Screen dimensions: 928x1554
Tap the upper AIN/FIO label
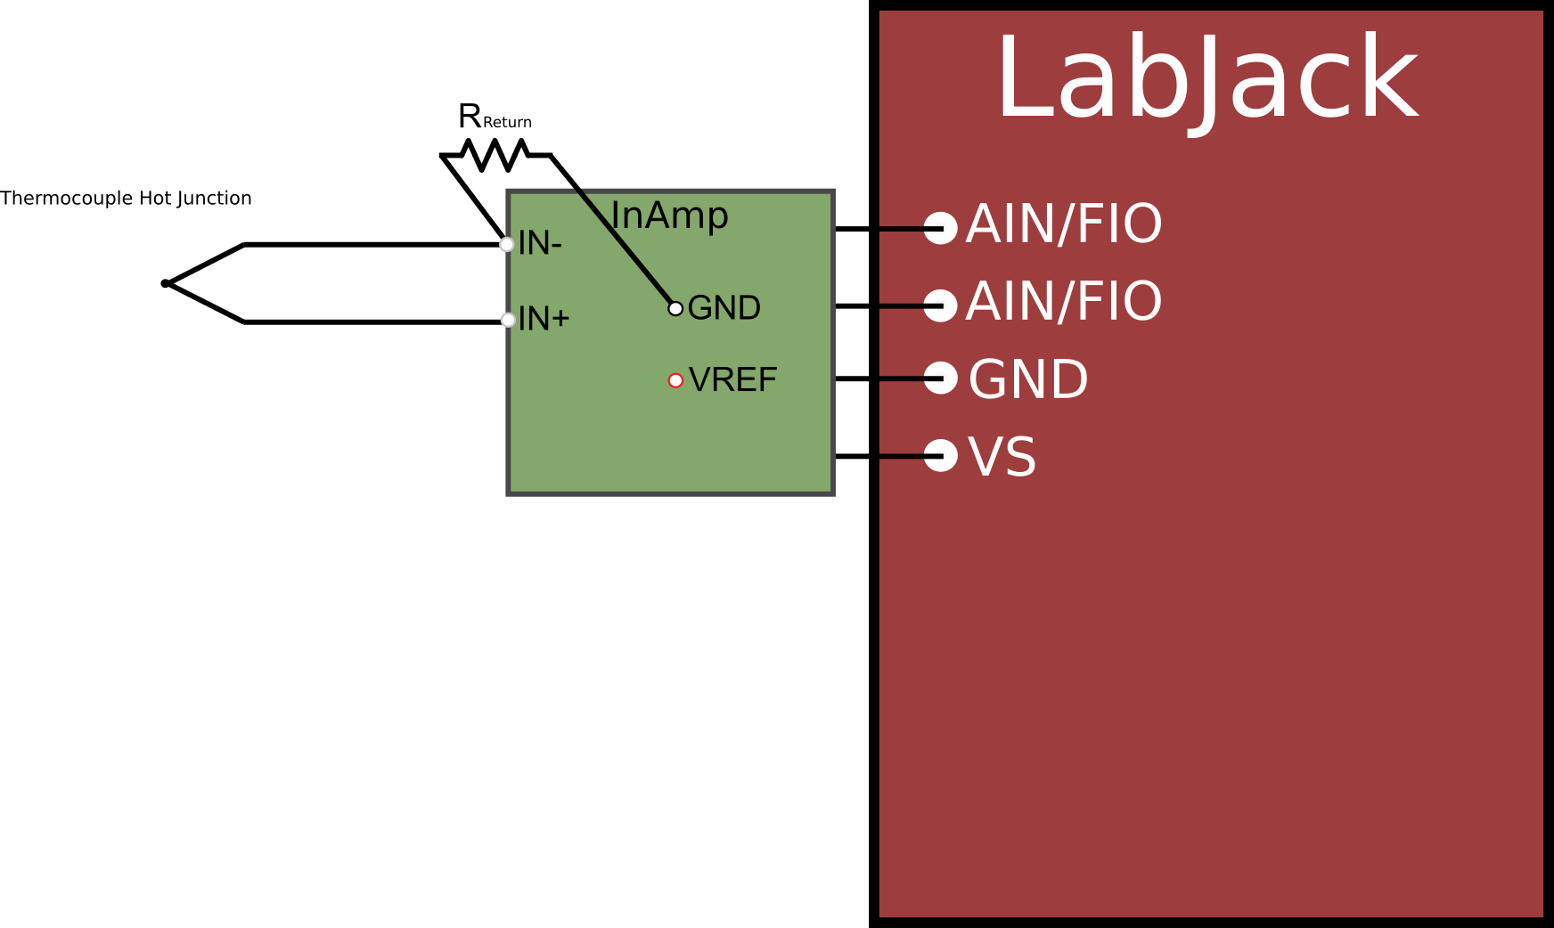click(1064, 224)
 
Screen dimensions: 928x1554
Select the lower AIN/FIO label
click(1064, 302)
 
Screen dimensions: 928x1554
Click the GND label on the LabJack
click(1028, 380)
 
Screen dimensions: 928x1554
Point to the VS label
click(1002, 458)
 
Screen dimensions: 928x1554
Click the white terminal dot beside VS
click(941, 455)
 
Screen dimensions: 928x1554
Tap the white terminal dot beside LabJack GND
click(941, 378)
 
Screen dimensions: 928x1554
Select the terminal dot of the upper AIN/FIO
click(941, 228)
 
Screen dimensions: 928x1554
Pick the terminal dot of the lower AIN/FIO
click(941, 305)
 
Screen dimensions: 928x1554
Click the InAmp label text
click(669, 216)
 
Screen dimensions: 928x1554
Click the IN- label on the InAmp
click(540, 243)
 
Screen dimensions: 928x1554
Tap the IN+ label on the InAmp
click(544, 319)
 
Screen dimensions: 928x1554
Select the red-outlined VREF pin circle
click(675, 380)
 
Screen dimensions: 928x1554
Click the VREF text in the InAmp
click(732, 380)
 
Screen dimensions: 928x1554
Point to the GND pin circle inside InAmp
click(675, 308)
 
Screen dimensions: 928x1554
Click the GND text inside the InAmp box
click(724, 308)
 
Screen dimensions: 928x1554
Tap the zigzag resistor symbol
click(495, 155)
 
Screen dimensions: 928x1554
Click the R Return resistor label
click(494, 117)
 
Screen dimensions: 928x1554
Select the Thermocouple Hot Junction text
click(126, 198)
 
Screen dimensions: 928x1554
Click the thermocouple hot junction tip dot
click(165, 283)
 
